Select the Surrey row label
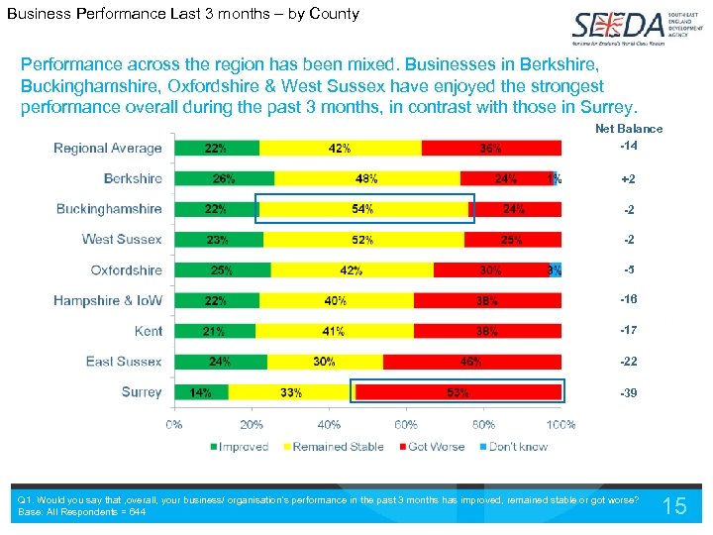(142, 392)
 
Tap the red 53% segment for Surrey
(458, 392)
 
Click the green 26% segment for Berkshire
(224, 179)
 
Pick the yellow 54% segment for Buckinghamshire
(362, 209)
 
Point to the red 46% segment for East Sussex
(471, 362)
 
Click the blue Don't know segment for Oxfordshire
(556, 270)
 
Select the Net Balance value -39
(629, 393)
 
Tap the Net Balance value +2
(629, 180)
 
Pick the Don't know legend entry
(512, 447)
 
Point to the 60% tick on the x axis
(407, 425)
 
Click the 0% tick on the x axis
(174, 425)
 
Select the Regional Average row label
(107, 149)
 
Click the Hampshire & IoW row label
(108, 301)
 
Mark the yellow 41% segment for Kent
(334, 331)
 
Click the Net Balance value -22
(629, 363)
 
